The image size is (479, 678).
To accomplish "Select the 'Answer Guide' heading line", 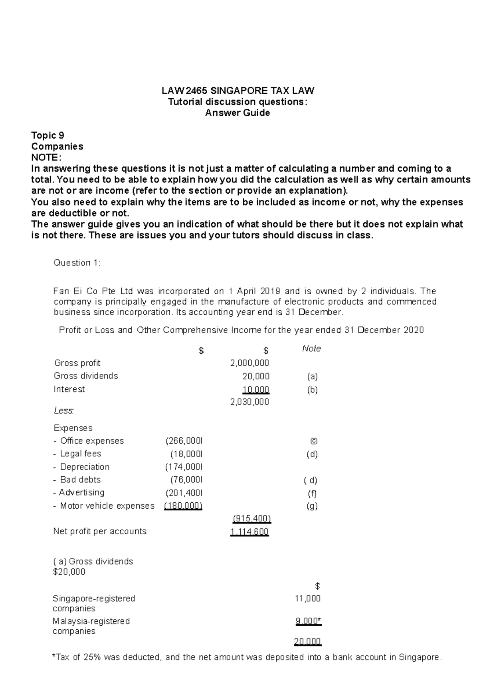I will tap(238, 113).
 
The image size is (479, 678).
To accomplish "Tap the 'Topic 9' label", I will tap(48, 135).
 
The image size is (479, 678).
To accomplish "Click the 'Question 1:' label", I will tap(77, 263).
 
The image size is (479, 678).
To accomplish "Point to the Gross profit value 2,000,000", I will tap(249, 363).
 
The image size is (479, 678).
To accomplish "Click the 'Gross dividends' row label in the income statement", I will tap(86, 376).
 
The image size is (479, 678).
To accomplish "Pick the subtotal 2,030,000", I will tap(249, 402).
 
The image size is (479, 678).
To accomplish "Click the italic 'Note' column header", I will tap(311, 349).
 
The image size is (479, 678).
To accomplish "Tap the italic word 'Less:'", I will tap(63, 410).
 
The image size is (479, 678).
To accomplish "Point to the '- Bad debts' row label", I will tap(77, 480).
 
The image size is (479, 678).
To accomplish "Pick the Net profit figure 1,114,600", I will tap(249, 532).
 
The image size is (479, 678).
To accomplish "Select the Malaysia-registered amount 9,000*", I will tap(308, 621).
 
